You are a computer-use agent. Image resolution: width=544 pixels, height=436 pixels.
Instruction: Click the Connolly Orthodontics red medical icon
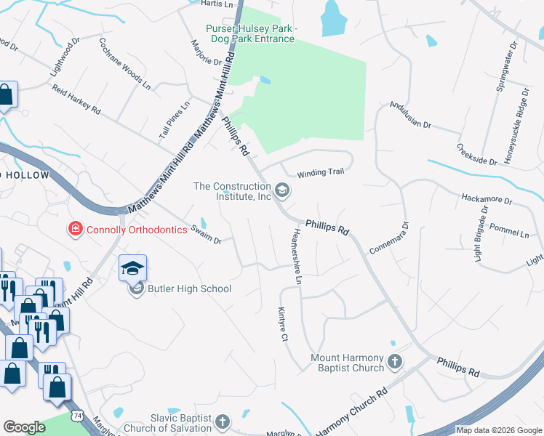pyautogui.click(x=74, y=230)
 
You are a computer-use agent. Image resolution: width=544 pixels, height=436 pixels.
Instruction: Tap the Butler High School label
pyautogui.click(x=189, y=288)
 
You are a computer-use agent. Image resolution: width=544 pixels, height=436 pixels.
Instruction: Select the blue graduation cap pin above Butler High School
pyautogui.click(x=133, y=268)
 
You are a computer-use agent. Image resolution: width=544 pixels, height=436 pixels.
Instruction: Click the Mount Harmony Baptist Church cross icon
pyautogui.click(x=394, y=361)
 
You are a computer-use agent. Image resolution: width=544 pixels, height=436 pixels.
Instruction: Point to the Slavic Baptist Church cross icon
pyautogui.click(x=223, y=421)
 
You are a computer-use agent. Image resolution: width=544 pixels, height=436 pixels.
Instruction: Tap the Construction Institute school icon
pyautogui.click(x=282, y=191)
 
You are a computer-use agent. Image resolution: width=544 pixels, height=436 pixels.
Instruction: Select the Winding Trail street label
pyautogui.click(x=320, y=172)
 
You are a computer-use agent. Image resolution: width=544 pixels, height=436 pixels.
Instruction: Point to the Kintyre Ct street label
pyautogui.click(x=284, y=323)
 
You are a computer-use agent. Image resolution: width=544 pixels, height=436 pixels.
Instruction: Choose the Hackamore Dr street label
pyautogui.click(x=487, y=199)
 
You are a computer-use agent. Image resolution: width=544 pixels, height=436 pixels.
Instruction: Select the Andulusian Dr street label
pyautogui.click(x=410, y=114)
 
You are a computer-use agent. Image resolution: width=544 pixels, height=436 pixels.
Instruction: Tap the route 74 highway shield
pyautogui.click(x=76, y=415)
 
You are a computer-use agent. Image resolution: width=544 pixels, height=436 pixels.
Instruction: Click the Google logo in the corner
pyautogui.click(x=24, y=427)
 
